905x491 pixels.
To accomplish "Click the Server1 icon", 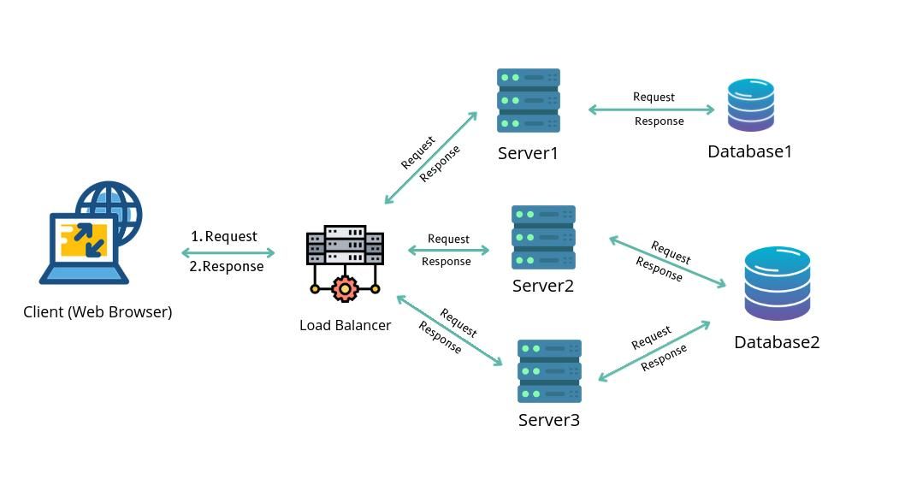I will click(x=529, y=100).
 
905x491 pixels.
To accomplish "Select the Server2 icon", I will click(x=543, y=237).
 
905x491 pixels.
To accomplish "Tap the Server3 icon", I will click(x=549, y=371).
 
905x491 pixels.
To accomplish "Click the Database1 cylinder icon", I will click(x=751, y=105).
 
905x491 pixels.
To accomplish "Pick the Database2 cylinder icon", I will click(x=777, y=284).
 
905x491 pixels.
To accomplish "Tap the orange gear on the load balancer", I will click(x=345, y=288).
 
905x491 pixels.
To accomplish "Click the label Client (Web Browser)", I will click(x=98, y=312).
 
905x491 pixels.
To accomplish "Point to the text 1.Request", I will click(x=224, y=236).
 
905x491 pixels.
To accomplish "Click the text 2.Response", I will click(x=227, y=266).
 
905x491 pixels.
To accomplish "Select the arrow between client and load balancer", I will click(x=228, y=252).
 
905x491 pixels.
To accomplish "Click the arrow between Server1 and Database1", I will click(x=652, y=109).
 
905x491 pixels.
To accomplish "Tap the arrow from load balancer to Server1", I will click(x=431, y=157).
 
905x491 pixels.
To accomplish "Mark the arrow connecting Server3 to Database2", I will click(x=654, y=351).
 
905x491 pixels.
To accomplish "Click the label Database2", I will click(x=777, y=342).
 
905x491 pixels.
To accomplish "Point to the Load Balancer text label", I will click(x=346, y=325).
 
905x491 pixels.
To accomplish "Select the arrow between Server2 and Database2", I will click(x=667, y=262).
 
